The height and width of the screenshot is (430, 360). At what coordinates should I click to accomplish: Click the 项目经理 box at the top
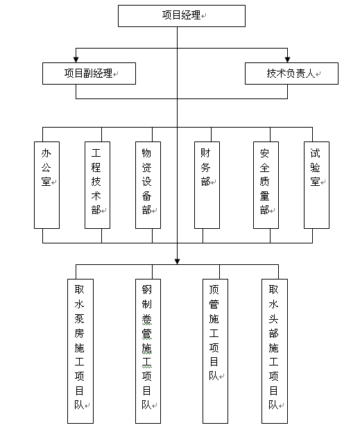[x=181, y=15]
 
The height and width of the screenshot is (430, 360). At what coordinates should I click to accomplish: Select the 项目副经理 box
[x=88, y=73]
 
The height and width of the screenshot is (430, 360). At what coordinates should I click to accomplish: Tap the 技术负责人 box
[x=291, y=73]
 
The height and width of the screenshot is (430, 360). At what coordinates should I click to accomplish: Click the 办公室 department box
[x=46, y=184]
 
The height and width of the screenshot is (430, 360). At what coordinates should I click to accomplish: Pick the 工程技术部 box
[x=97, y=184]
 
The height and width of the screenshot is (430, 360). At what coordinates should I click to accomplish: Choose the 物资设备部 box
[x=147, y=184]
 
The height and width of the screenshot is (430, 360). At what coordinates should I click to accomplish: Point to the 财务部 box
[x=206, y=184]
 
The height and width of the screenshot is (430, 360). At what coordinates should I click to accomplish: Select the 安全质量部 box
[x=265, y=184]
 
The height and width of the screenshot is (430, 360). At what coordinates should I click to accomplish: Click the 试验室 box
[x=316, y=184]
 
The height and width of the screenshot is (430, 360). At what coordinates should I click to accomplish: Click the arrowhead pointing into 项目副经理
[x=76, y=58]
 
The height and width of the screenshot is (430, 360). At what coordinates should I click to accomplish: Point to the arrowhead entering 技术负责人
[x=286, y=58]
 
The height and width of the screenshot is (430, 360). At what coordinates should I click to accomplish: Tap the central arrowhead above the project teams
[x=177, y=261]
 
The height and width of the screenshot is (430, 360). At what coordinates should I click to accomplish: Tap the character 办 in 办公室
[x=46, y=153]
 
